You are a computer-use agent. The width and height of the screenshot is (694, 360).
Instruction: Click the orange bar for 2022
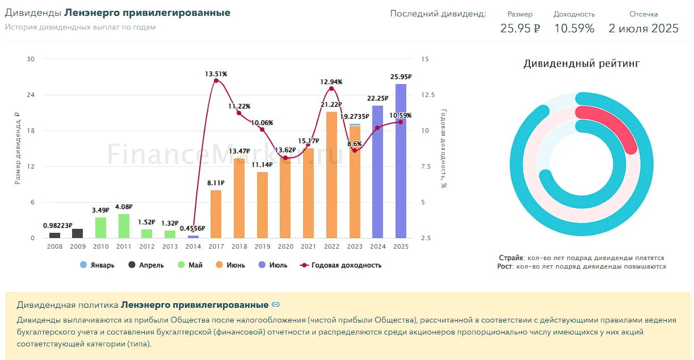tap(331, 175)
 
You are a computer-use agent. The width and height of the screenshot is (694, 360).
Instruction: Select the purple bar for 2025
tap(401, 161)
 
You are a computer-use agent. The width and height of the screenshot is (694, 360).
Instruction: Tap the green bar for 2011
tap(124, 226)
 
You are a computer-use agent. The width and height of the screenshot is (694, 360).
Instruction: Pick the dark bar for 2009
tap(77, 233)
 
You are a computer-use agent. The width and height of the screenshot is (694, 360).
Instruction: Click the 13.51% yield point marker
tap(216, 81)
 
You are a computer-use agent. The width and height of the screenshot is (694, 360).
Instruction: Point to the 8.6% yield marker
tap(355, 150)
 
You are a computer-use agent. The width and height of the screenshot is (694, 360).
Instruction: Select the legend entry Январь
tap(97, 265)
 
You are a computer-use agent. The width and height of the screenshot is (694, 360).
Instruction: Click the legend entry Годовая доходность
tap(340, 265)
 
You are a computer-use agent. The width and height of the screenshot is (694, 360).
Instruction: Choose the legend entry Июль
tap(273, 265)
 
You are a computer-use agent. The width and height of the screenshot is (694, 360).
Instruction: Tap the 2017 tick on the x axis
tap(216, 246)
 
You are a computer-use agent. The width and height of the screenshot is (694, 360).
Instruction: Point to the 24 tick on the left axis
tap(31, 95)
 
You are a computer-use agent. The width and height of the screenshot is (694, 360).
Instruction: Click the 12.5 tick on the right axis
tap(428, 95)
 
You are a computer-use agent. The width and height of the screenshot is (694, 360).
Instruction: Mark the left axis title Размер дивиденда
tap(18, 148)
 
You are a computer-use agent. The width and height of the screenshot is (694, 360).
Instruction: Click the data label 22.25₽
tap(378, 98)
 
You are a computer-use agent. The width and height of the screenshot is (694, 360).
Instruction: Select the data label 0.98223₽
tap(58, 225)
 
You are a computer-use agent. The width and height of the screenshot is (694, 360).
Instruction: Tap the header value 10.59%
tap(574, 28)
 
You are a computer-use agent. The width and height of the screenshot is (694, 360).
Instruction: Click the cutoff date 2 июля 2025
tap(643, 28)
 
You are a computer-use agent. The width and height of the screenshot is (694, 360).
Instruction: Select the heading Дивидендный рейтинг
tap(582, 64)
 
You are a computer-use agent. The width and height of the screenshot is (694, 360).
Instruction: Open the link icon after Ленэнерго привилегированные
tap(275, 304)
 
